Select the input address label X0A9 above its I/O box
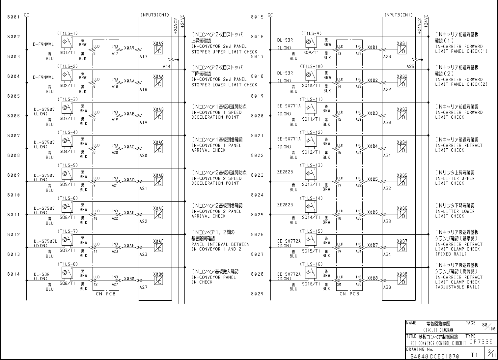[158, 43]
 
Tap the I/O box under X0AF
[158, 248]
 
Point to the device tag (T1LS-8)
[68, 264]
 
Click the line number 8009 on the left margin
[14, 175]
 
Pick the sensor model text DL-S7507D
[45, 241]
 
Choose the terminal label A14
[167, 66]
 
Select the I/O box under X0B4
[402, 149]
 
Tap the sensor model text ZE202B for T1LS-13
[285, 172]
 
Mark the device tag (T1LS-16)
[311, 264]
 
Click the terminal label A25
[410, 66]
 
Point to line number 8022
[257, 155]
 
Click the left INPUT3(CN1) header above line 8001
[155, 15]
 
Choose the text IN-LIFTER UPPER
[455, 178]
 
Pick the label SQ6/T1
[67, 218]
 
